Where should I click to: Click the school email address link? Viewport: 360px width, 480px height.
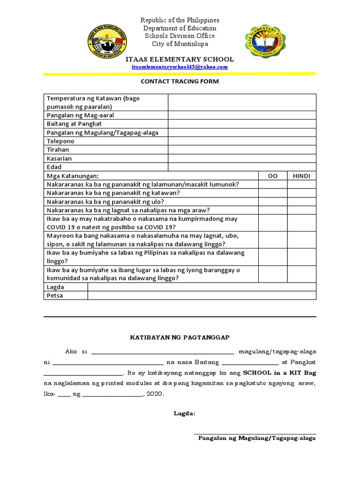coord(180,67)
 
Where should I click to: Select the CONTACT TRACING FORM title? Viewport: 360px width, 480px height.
coord(180,81)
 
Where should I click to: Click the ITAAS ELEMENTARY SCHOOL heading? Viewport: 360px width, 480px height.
coord(180,60)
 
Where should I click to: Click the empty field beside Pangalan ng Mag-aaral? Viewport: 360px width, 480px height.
coord(242,115)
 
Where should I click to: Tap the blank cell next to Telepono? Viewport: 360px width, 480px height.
coord(242,141)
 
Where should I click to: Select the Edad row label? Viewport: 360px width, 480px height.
coord(54,167)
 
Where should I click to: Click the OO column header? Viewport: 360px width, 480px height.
coord(272,176)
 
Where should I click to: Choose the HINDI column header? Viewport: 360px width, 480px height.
coord(301,176)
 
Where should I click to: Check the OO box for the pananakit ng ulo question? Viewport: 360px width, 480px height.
coord(272,202)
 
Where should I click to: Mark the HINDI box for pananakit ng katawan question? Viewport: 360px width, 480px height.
coord(301,193)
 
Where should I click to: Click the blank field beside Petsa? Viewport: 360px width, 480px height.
coord(202,295)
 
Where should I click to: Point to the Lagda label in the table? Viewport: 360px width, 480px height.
coord(55,287)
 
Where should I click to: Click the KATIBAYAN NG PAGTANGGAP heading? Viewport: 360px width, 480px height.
coord(180,337)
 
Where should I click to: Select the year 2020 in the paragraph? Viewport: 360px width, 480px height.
coord(154,394)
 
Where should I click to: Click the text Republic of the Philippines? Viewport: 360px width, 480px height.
coord(180,20)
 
